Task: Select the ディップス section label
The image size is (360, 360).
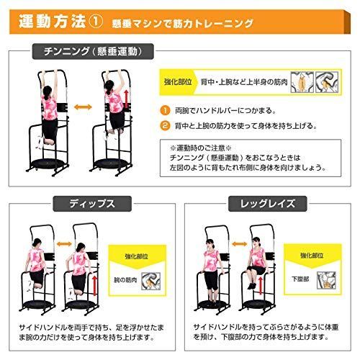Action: coord(89,204)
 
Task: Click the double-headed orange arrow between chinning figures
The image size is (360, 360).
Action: coord(83,106)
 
